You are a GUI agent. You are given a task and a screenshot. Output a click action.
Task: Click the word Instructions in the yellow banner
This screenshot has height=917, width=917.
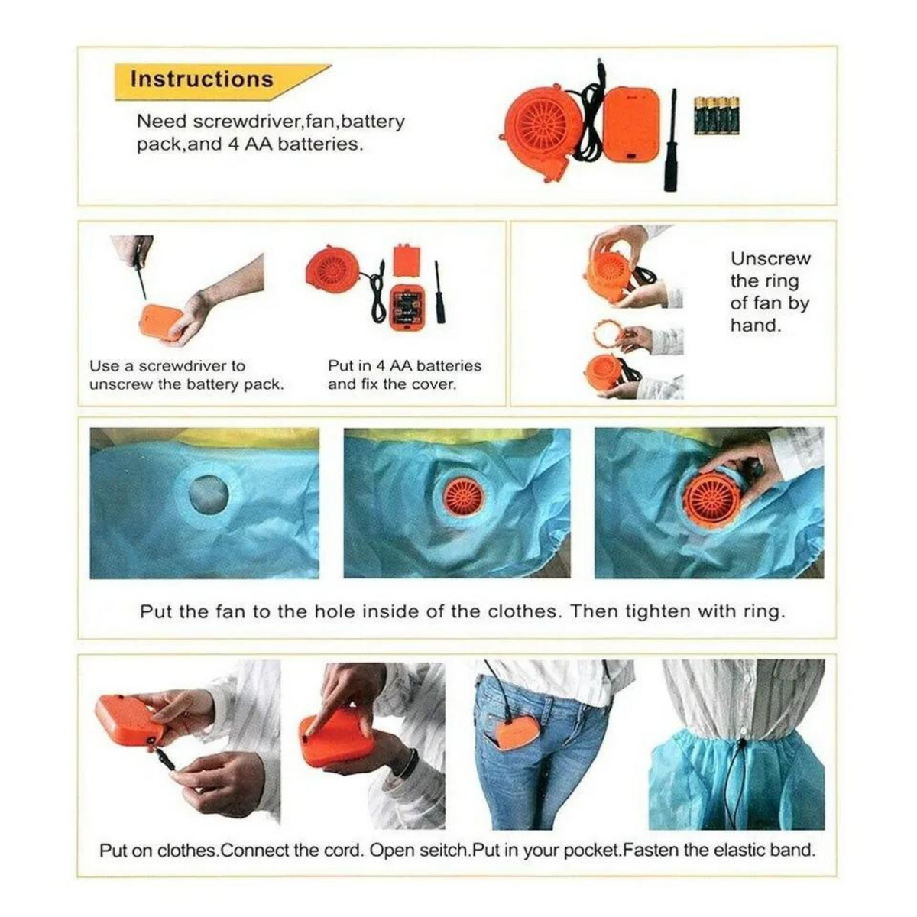(x=203, y=79)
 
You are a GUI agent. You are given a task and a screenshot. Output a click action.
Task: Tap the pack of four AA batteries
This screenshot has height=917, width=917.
(x=717, y=115)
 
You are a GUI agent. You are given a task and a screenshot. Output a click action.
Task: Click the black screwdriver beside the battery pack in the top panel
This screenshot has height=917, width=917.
(x=671, y=140)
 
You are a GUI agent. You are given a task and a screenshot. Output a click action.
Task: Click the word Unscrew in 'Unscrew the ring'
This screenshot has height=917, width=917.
(x=770, y=259)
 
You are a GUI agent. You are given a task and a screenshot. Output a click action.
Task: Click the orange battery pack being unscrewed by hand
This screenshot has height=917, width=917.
(x=163, y=322)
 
